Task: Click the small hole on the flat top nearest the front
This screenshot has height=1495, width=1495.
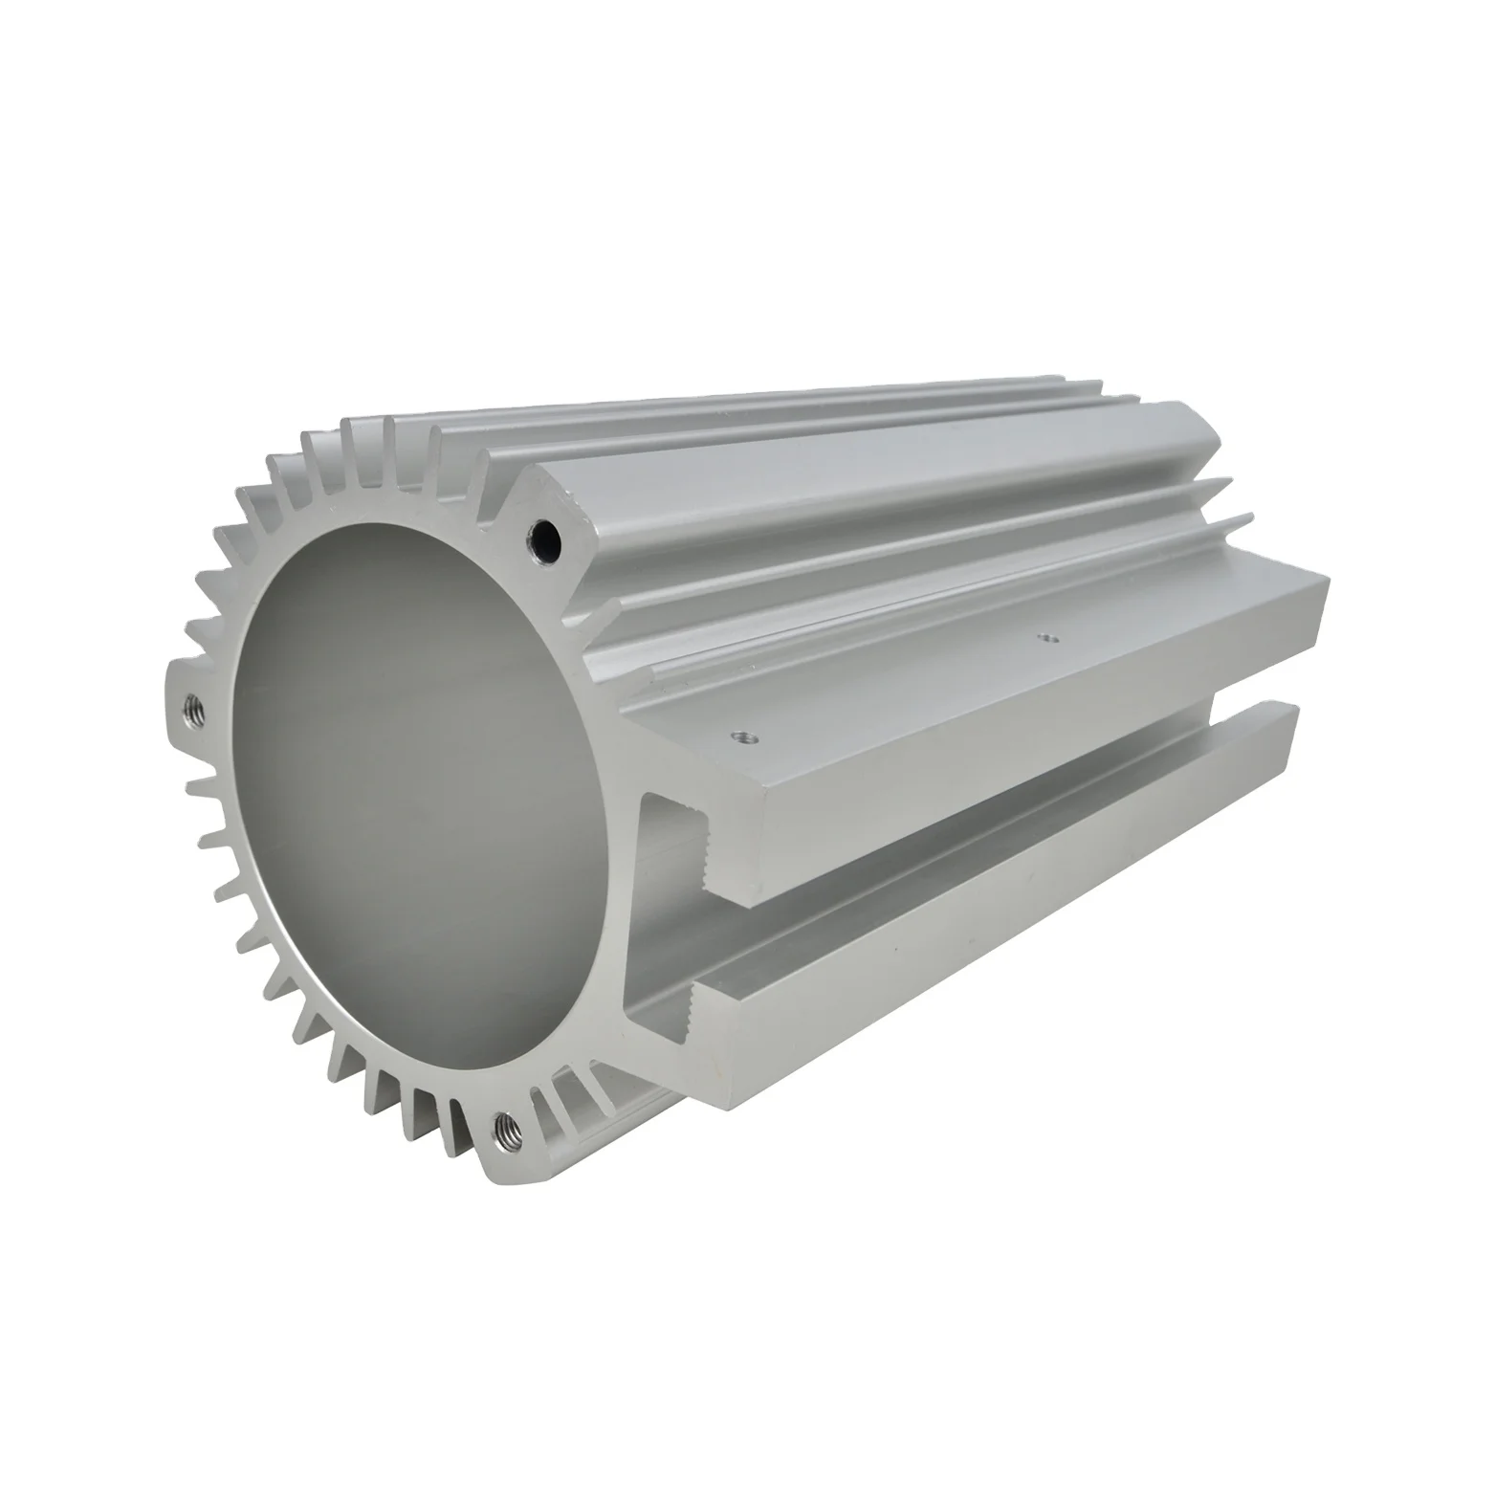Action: (743, 737)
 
